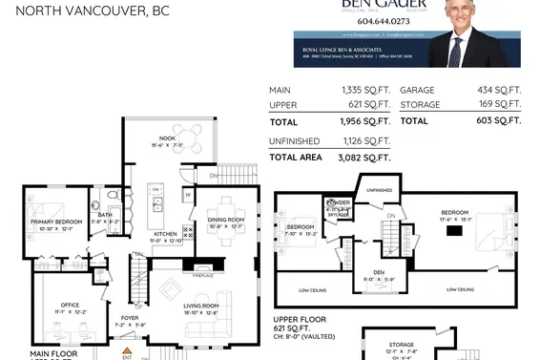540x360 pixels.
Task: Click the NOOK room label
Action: [x=168, y=138]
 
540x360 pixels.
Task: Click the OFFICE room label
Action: [x=70, y=306]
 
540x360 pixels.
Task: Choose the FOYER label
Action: [x=130, y=318]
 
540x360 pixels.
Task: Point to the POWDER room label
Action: [x=339, y=203]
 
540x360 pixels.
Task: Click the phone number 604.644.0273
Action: [x=409, y=20]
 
